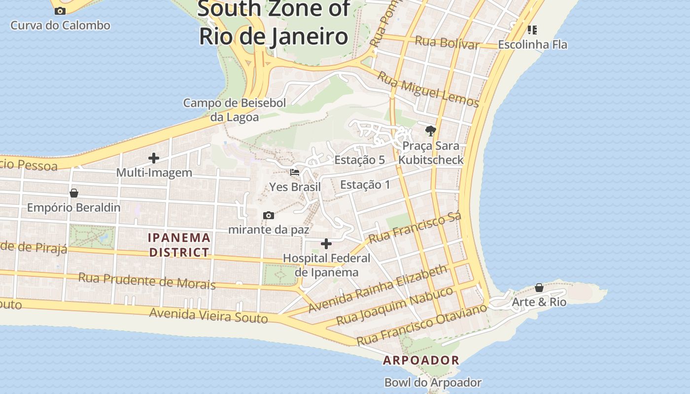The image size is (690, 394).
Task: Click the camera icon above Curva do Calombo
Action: (x=60, y=11)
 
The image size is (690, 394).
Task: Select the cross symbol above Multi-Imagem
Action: (x=154, y=158)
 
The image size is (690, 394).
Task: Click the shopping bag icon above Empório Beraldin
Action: (x=74, y=193)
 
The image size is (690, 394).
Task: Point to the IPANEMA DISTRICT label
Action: (x=179, y=245)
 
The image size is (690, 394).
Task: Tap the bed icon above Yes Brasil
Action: (x=295, y=172)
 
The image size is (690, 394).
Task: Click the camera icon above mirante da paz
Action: (x=269, y=215)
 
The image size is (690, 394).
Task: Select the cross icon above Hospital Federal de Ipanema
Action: (x=326, y=244)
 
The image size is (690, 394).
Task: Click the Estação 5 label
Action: (x=359, y=160)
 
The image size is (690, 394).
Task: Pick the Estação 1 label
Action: (x=365, y=185)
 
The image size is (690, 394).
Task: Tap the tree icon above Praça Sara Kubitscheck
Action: (x=431, y=131)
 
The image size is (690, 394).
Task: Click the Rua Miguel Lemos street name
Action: (x=428, y=89)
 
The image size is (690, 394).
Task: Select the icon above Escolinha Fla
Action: (x=532, y=30)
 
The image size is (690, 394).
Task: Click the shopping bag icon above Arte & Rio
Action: (x=539, y=287)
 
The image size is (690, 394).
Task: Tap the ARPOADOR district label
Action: (x=421, y=361)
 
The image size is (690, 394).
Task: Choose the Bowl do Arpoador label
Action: (x=433, y=382)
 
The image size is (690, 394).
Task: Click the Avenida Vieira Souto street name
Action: (x=208, y=315)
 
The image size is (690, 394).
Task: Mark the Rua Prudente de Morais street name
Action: (x=147, y=281)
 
